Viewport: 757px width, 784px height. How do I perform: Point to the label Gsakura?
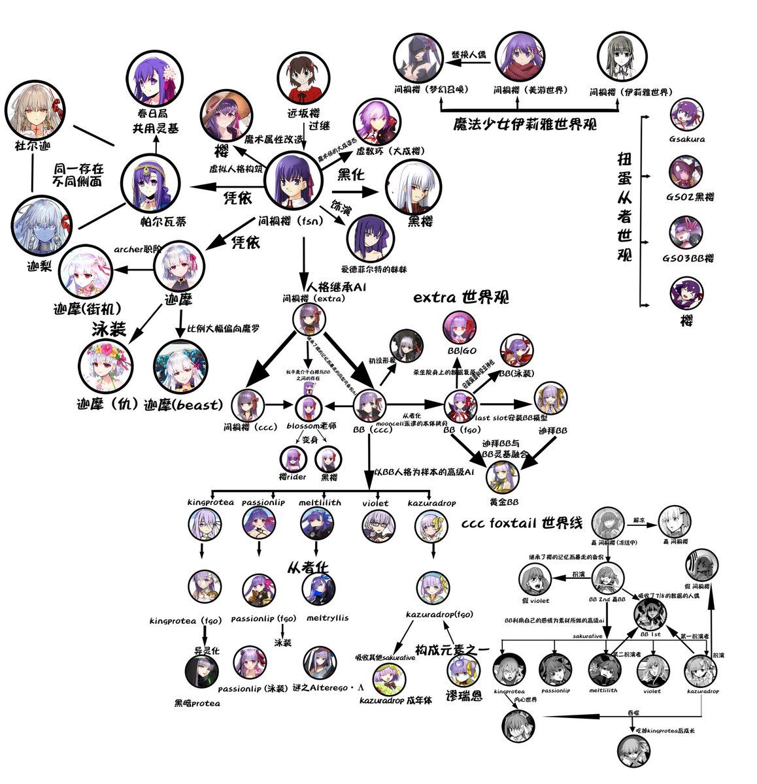(687, 139)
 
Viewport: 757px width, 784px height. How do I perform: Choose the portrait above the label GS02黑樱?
(686, 172)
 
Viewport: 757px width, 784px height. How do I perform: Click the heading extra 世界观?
(461, 297)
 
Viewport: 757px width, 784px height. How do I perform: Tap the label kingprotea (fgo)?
(179, 619)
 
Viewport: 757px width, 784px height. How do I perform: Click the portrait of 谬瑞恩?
(464, 671)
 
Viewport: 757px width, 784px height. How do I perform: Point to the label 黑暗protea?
(197, 703)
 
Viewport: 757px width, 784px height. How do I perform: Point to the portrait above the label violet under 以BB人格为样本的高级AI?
(378, 525)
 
